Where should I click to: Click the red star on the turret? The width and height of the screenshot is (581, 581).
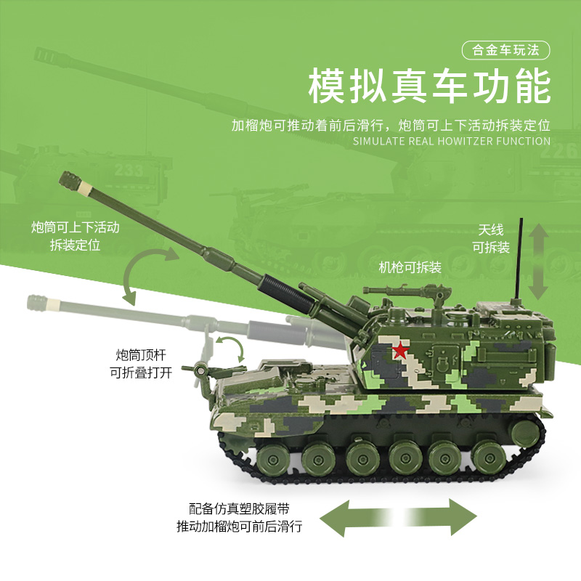pyautogui.click(x=400, y=351)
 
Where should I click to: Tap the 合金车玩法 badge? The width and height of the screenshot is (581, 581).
pyautogui.click(x=505, y=50)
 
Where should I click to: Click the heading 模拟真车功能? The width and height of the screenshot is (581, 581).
pyautogui.click(x=429, y=86)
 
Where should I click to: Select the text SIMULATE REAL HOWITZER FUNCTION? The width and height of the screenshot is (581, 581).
pyautogui.click(x=451, y=141)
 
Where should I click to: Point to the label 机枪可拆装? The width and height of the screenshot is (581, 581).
pyautogui.click(x=410, y=267)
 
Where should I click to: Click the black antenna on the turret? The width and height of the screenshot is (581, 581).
pyautogui.click(x=520, y=259)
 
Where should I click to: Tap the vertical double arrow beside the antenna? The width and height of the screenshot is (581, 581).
pyautogui.click(x=538, y=261)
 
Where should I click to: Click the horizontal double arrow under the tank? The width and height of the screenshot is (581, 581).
pyautogui.click(x=398, y=517)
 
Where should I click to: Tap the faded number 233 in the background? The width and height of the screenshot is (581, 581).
pyautogui.click(x=129, y=170)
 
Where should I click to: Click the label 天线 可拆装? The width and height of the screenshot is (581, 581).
pyautogui.click(x=491, y=239)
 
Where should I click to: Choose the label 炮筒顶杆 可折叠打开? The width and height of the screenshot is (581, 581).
pyautogui.click(x=141, y=364)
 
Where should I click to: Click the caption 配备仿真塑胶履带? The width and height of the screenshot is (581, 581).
pyautogui.click(x=239, y=509)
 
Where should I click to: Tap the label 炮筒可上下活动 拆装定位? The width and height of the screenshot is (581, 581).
pyautogui.click(x=76, y=235)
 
